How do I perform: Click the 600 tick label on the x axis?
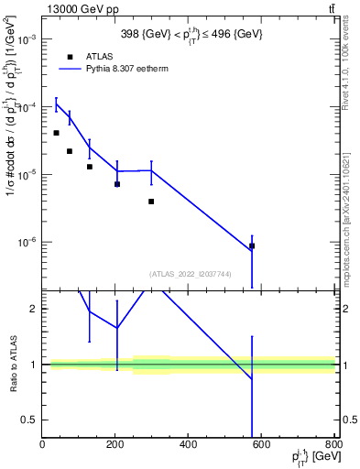tap(261, 444)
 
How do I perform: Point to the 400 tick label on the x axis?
tap(188, 444)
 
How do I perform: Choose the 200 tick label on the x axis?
tap(115, 444)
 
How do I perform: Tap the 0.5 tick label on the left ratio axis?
tap(29, 420)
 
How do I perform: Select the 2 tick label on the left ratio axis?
tap(33, 309)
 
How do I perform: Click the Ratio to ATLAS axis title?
tap(13, 364)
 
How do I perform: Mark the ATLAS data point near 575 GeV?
tap(252, 245)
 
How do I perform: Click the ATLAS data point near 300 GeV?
tap(151, 201)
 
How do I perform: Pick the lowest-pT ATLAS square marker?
tap(57, 133)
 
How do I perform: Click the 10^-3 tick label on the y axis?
tap(26, 39)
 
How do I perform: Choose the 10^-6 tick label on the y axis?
tap(26, 243)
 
